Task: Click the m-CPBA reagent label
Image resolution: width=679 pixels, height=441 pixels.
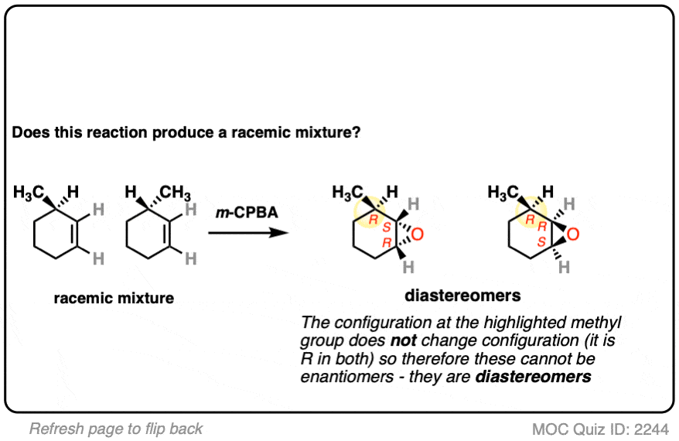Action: [x=247, y=212]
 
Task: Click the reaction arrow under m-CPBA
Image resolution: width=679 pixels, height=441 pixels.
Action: [x=248, y=233]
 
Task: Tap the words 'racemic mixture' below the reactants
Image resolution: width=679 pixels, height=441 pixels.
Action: [x=114, y=298]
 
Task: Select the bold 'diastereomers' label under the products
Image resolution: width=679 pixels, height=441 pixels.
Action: [x=462, y=296]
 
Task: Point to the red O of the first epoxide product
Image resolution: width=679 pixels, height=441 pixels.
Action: [x=418, y=234]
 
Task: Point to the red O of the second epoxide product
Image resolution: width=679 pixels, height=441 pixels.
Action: [x=573, y=234]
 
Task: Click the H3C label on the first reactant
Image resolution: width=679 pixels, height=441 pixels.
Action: [x=29, y=192]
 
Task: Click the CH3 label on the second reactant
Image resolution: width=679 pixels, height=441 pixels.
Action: [x=175, y=192]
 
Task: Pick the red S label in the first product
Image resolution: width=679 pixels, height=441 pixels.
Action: [x=387, y=227]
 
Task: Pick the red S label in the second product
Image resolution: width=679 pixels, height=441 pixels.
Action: [x=541, y=241]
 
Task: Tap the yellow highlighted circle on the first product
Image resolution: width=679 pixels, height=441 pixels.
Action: [x=370, y=212]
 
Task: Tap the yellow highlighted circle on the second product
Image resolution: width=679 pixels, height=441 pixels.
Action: [x=531, y=213]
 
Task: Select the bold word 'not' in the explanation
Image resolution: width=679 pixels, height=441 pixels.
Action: [x=403, y=340]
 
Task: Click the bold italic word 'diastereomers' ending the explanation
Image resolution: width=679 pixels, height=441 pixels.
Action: [x=533, y=377]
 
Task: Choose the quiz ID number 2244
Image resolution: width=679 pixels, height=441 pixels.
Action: [x=651, y=429]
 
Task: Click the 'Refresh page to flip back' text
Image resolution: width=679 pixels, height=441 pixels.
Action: [x=116, y=429]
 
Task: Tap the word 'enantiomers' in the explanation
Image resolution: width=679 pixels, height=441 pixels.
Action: [x=347, y=377]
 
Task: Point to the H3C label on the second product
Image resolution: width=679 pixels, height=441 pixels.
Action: [x=503, y=192]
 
